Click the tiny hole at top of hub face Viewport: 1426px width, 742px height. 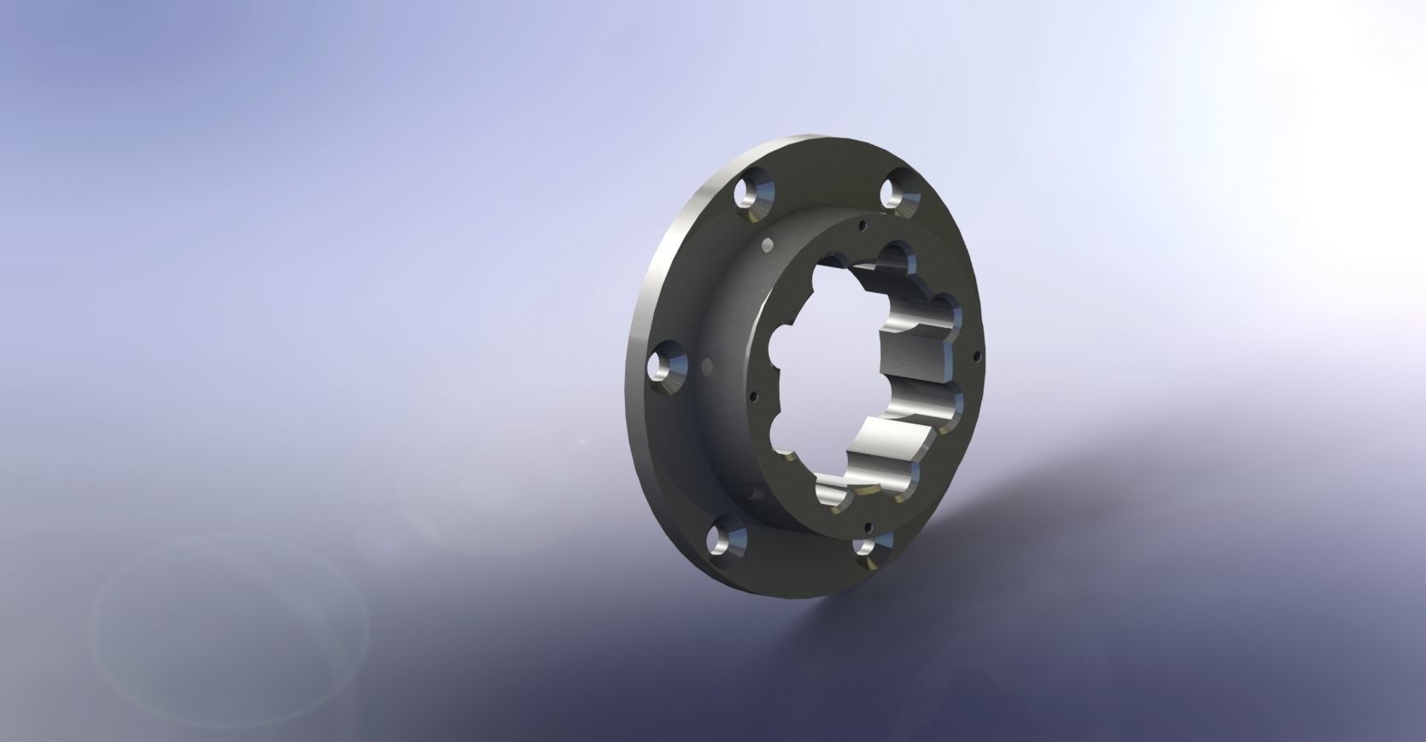pos(862,226)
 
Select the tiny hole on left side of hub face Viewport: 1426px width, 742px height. pos(752,395)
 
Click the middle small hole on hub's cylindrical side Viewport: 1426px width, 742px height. pos(706,367)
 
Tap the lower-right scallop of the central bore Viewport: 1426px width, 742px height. pos(946,406)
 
